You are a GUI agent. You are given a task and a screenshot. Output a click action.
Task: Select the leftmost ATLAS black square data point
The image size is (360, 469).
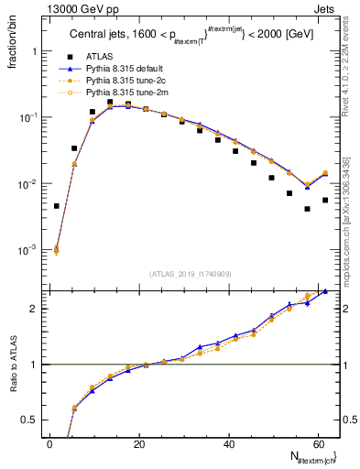(x=57, y=206)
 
